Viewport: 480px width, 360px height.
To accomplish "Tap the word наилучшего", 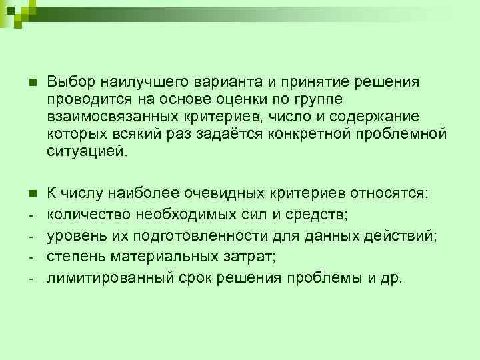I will (137, 82).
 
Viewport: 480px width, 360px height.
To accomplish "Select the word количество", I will (88, 215).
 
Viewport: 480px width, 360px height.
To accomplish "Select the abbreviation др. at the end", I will (391, 278).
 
